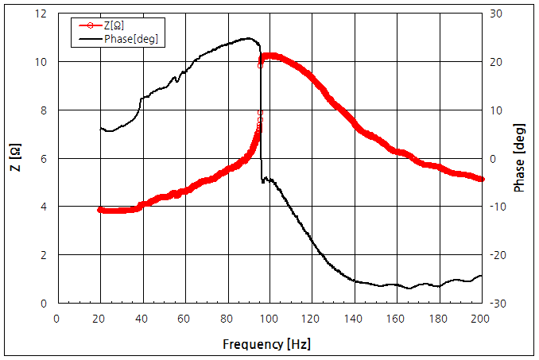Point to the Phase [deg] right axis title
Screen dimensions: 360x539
(520, 158)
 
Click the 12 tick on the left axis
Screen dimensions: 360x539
(41, 14)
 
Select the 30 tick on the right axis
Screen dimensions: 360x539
(495, 14)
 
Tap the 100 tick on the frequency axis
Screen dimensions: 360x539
(269, 318)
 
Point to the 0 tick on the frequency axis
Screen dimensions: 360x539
(56, 318)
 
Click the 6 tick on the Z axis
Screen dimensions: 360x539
(44, 158)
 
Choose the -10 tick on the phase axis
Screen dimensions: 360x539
(494, 207)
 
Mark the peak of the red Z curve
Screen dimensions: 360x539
(269, 56)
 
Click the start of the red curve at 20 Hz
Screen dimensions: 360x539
(99, 210)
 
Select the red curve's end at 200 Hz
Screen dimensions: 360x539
(482, 180)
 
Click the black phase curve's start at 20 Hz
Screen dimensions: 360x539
(99, 128)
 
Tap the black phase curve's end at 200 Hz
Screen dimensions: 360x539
(482, 276)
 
